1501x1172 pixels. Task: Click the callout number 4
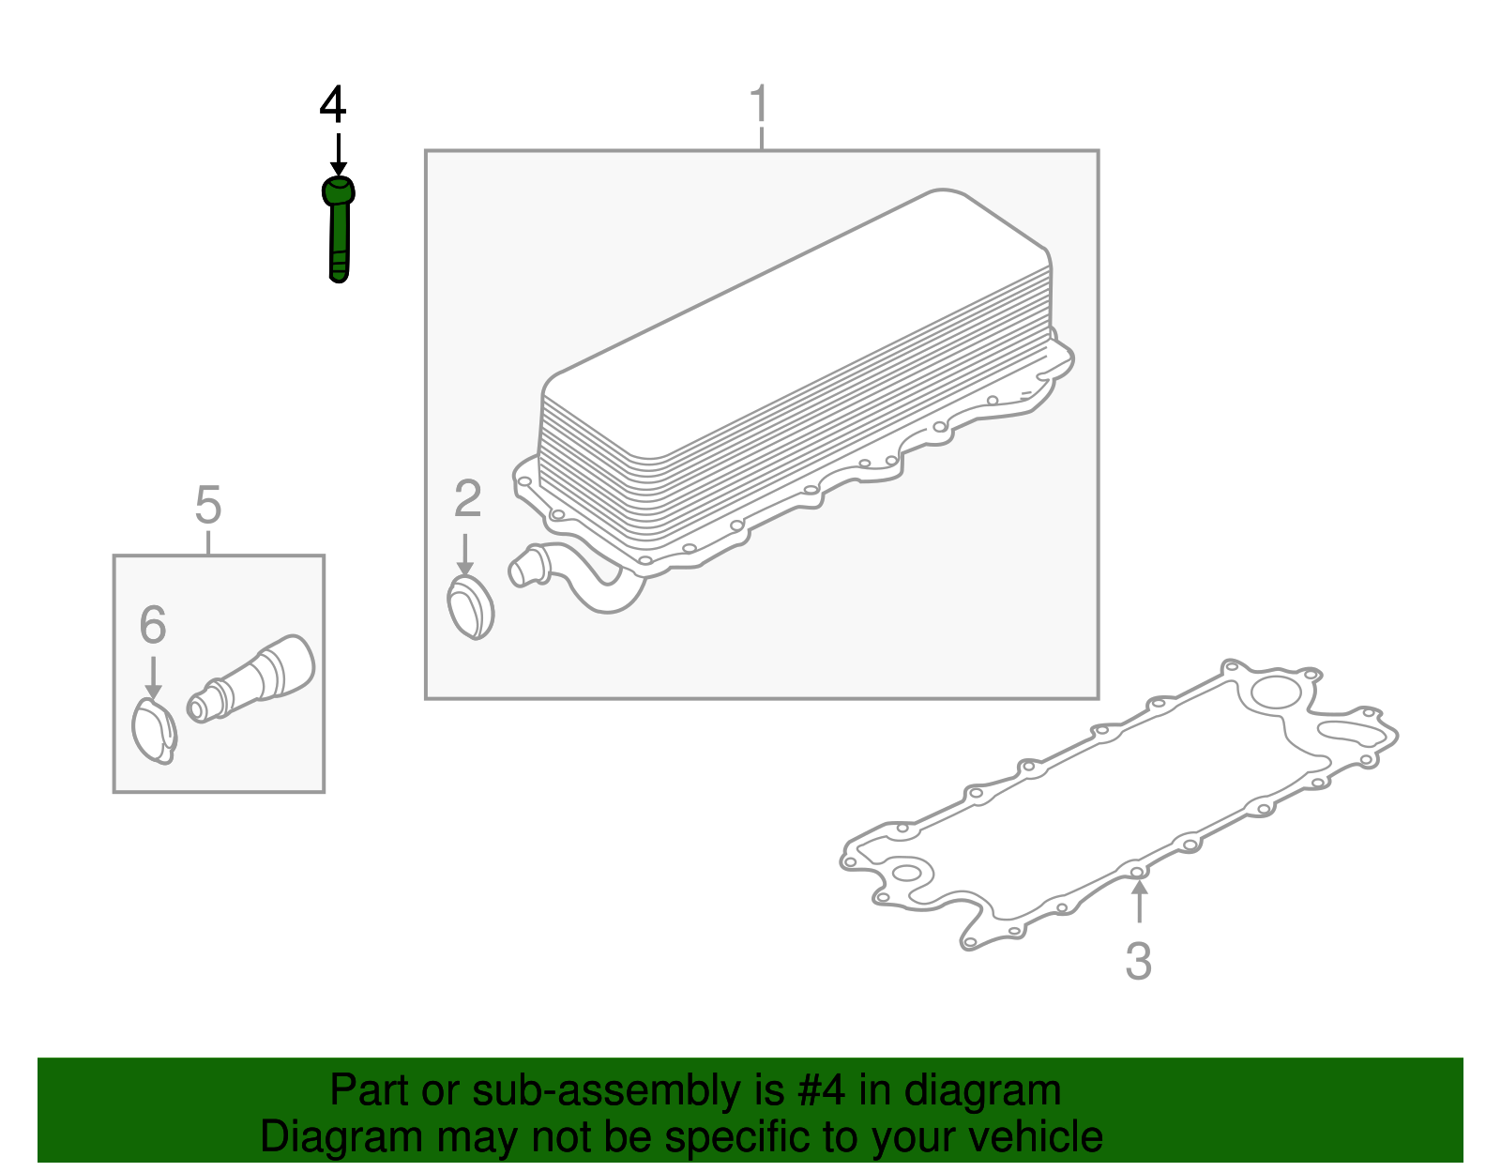332,104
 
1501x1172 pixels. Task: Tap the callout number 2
467,498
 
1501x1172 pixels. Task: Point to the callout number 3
1138,961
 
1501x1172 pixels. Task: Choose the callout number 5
208,505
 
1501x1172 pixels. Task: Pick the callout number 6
153,624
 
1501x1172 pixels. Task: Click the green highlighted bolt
339,229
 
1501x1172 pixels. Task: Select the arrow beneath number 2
465,555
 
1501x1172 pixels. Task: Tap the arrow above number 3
1139,901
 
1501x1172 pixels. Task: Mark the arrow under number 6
153,678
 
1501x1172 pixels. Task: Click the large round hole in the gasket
1276,693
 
